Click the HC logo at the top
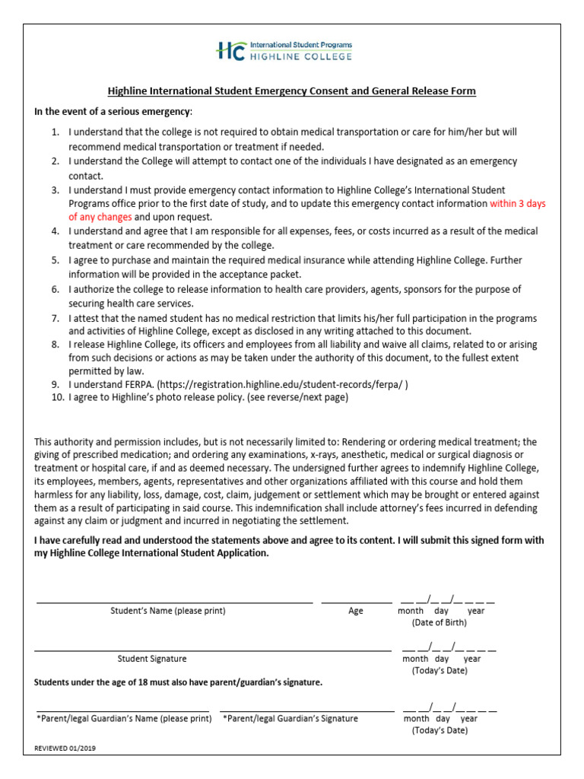[x=230, y=51]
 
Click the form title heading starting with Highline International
[x=292, y=91]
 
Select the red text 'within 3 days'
[x=518, y=204]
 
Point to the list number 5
[x=56, y=260]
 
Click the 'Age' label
[x=356, y=611]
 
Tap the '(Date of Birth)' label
[x=440, y=622]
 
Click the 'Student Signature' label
[x=152, y=659]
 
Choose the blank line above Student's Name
[x=174, y=603]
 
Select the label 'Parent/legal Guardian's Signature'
[x=290, y=718]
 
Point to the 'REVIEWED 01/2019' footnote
[x=65, y=748]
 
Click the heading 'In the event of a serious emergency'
[x=113, y=112]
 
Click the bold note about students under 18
[x=179, y=682]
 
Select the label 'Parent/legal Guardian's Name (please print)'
[x=124, y=718]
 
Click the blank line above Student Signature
[x=212, y=650]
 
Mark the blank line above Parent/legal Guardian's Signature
[x=307, y=711]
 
